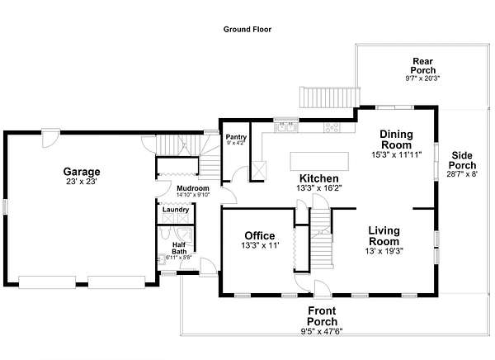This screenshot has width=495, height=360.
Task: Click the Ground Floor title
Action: click(247, 30)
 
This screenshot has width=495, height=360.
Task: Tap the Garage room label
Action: click(82, 172)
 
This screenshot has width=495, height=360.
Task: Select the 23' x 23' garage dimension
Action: click(82, 182)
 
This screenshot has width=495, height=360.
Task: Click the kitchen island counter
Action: click(319, 162)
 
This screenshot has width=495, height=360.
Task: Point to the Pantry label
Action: click(236, 137)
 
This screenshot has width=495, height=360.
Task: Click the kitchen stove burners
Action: click(332, 127)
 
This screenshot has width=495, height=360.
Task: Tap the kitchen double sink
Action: click(286, 126)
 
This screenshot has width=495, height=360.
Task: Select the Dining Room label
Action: click(397, 140)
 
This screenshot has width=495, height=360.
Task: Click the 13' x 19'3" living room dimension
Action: click(384, 251)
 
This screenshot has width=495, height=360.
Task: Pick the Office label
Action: click(260, 235)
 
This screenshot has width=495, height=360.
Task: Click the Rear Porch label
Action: click(423, 65)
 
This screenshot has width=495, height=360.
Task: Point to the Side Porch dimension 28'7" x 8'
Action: click(462, 174)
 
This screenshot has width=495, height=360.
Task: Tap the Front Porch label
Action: click(322, 316)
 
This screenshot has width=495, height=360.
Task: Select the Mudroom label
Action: click(193, 188)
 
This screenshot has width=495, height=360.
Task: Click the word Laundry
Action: click(176, 210)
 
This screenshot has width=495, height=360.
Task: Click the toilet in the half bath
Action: click(165, 233)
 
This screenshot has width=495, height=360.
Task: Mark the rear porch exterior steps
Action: click(330, 97)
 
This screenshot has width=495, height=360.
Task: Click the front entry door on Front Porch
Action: click(323, 289)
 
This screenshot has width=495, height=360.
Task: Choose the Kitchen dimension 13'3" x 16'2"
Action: click(319, 188)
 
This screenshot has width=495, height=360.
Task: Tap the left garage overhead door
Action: click(47, 282)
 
